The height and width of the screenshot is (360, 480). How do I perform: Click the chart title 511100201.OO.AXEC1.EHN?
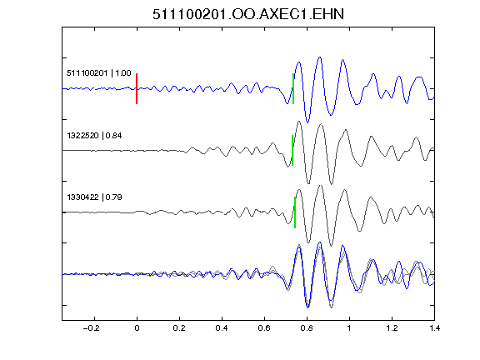(248, 14)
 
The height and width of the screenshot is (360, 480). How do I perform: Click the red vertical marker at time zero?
(137, 89)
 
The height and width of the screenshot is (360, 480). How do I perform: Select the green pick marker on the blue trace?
(293, 89)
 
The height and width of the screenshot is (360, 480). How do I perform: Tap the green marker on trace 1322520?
(292, 150)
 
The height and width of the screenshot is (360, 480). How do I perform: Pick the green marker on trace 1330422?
(295, 212)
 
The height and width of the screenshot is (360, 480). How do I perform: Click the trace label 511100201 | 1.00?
(99, 73)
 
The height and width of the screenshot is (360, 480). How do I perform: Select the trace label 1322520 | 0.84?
(94, 135)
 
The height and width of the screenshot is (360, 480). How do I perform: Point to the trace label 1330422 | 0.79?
(94, 197)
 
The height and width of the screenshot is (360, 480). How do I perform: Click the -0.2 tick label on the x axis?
(91, 328)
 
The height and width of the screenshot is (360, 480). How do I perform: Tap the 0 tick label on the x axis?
(137, 328)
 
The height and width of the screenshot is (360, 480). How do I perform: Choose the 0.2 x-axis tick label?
(179, 328)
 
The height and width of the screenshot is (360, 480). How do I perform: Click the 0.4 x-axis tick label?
(222, 328)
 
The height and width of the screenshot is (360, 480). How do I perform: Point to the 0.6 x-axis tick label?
(264, 328)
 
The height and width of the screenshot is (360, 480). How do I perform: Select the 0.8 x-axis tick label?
(307, 328)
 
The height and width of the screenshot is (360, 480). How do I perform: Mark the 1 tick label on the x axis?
(349, 328)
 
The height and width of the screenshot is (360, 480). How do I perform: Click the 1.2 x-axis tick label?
(392, 328)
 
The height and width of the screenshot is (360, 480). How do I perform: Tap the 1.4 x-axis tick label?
(434, 328)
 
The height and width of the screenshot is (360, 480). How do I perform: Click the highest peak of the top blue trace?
(320, 57)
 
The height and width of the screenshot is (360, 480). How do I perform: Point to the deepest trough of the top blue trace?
(307, 122)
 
